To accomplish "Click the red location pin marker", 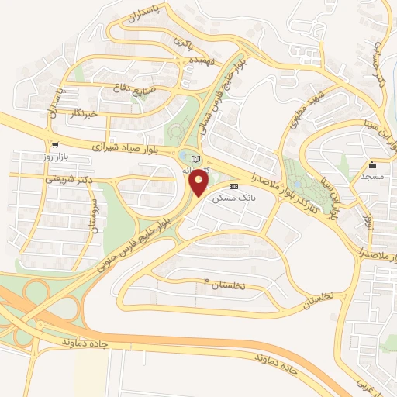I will tap(199, 183).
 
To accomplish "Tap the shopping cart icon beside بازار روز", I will tap(54, 145).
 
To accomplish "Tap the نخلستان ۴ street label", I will tap(223, 285).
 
